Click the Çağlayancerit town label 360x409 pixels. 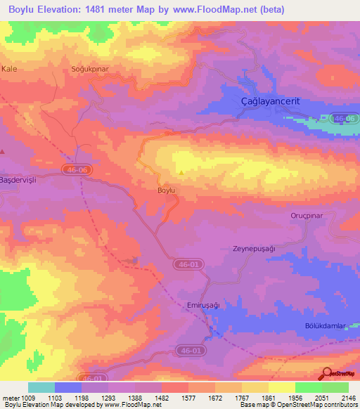(x=270, y=101)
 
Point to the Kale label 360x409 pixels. (x=9, y=69)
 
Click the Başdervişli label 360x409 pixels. (x=18, y=178)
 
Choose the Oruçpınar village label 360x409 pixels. (x=306, y=216)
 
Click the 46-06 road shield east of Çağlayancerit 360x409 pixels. (x=343, y=118)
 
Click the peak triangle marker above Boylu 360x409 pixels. (x=182, y=172)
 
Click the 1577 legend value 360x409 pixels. (x=188, y=398)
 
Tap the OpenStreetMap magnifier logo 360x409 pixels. (x=326, y=373)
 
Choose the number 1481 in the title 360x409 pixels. (x=117, y=11)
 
